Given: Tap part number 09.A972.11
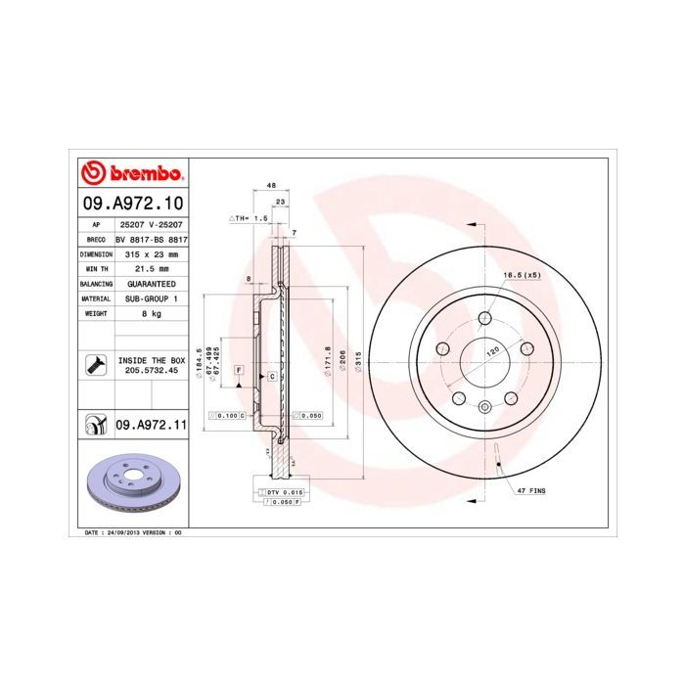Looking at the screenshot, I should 151,425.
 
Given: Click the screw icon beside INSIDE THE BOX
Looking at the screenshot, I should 95,366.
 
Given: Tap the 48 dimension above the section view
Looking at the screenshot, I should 270,185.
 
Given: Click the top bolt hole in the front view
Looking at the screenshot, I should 486,317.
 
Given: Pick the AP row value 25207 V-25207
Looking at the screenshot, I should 151,224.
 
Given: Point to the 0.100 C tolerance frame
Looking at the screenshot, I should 228,416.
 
